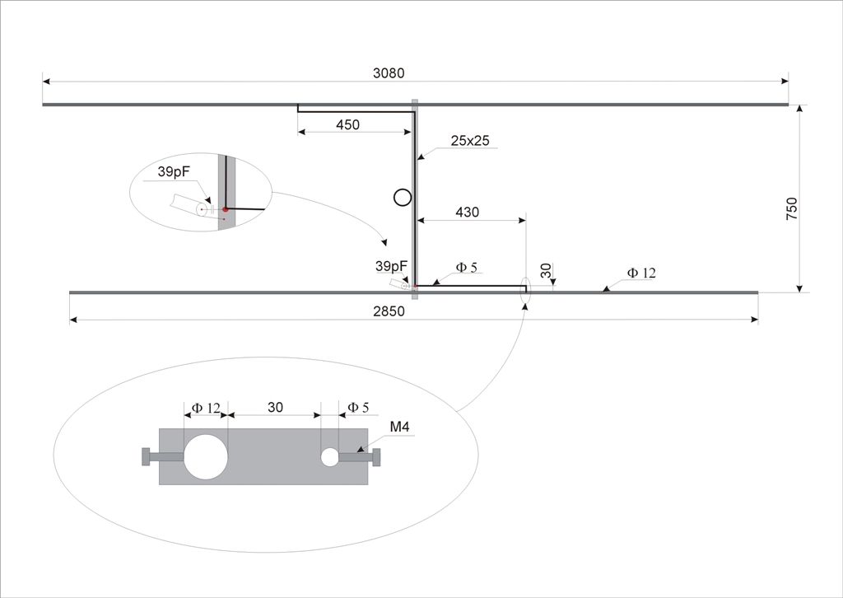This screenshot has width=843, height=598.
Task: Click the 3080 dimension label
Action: click(x=389, y=73)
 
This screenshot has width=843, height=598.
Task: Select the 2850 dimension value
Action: click(x=389, y=312)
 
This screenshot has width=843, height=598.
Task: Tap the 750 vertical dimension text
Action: click(x=792, y=208)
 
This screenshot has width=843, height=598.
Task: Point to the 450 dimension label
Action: click(x=348, y=124)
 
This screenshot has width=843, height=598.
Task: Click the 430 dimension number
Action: click(x=468, y=213)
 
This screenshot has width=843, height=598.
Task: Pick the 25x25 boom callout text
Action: click(x=470, y=141)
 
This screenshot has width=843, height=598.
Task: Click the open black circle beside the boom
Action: click(x=402, y=198)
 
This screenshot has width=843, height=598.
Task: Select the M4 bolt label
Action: click(x=399, y=427)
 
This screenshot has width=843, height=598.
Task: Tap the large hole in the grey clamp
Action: click(x=206, y=456)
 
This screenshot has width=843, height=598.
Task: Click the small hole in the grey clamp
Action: click(x=329, y=456)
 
